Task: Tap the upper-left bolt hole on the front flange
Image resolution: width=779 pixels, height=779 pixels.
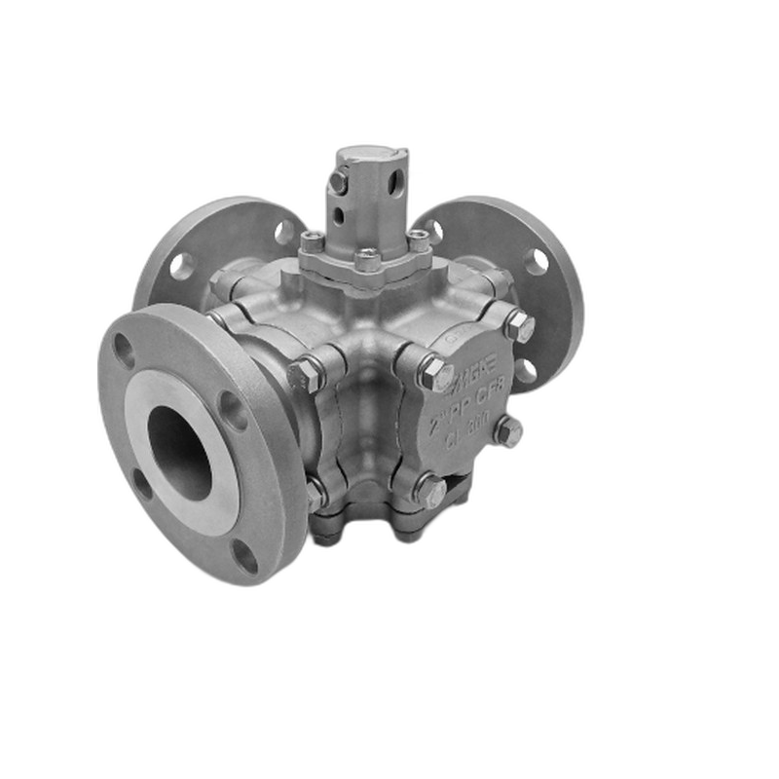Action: click(124, 349)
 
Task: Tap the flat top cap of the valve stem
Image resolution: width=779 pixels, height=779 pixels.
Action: click(371, 156)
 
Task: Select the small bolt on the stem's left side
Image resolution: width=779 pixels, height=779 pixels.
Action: click(338, 181)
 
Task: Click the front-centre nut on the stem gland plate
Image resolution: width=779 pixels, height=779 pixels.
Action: click(367, 259)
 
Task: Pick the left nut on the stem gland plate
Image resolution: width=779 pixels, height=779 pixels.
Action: click(312, 241)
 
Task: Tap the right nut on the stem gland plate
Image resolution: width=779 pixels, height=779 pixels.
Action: click(418, 241)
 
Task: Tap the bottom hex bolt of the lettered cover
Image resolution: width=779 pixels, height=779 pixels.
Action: click(429, 489)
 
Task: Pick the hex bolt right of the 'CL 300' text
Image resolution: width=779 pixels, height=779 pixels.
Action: click(507, 430)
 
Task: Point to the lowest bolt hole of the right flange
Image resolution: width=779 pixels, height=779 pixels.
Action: click(526, 371)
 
